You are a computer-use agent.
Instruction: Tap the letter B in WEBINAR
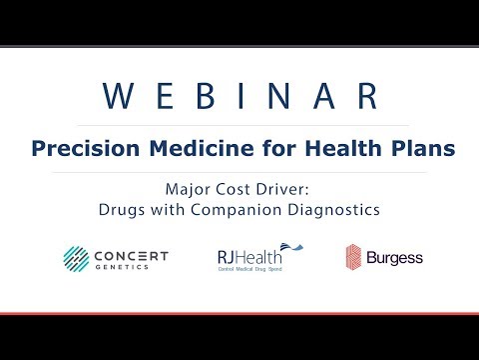(207, 97)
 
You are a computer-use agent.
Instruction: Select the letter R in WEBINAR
(364, 97)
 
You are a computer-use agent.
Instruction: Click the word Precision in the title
(74, 148)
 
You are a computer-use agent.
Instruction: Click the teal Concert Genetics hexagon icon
(78, 257)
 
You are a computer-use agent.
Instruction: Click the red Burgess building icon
(354, 258)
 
